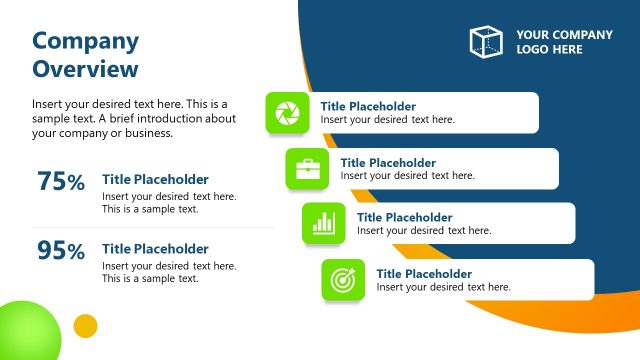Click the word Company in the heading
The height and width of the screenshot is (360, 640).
pos(86,41)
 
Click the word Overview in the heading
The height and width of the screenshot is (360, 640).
pos(86,69)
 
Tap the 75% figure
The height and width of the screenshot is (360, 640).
pos(61,182)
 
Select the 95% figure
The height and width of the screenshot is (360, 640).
pos(61,251)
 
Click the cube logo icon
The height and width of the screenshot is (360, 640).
pos(486,41)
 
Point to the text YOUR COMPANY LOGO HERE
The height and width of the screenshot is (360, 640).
pos(564,42)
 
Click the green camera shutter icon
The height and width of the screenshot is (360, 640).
pos(286,112)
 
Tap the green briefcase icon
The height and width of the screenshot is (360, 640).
pos(306,169)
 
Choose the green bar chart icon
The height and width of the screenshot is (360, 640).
pos(322,223)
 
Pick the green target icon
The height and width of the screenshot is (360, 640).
pos(342,280)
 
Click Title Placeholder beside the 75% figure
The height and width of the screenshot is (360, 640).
pos(155,180)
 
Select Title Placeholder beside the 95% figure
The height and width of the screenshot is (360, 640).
pos(155,249)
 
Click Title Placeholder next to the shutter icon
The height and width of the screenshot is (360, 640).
pos(368,106)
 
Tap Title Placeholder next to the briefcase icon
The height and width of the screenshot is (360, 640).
pos(388,162)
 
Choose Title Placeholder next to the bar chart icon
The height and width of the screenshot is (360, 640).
pos(404,217)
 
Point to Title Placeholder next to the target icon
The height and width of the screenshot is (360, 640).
pos(424,273)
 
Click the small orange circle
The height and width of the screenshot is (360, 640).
pos(86,325)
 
